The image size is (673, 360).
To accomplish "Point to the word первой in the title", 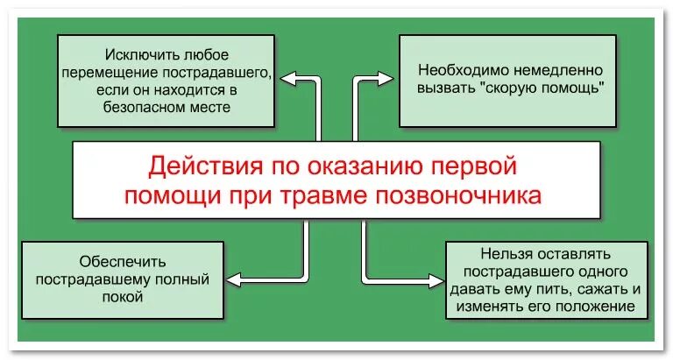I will pyautogui.click(x=475, y=166).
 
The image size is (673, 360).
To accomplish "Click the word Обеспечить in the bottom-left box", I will pyautogui.click(x=122, y=261).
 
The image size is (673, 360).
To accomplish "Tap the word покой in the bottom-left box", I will pyautogui.click(x=122, y=298).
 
